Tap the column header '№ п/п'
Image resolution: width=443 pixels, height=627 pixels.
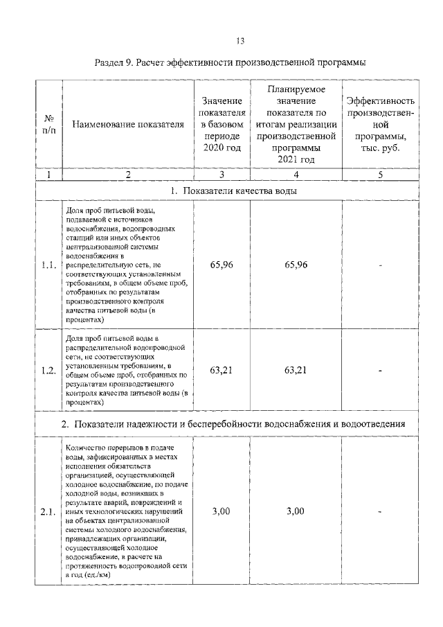pos(48,124)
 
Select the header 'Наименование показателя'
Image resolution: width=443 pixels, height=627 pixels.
pos(128,124)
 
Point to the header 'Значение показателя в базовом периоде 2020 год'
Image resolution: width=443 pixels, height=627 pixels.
pos(221,124)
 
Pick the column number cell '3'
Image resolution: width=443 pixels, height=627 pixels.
pos(221,175)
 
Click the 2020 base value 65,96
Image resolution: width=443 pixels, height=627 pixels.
pos(221,265)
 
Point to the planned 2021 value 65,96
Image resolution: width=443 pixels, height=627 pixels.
pos(296,265)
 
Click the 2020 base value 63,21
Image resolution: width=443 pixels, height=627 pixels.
pos(221,370)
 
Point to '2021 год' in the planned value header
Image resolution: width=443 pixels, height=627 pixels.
pos(296,159)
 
